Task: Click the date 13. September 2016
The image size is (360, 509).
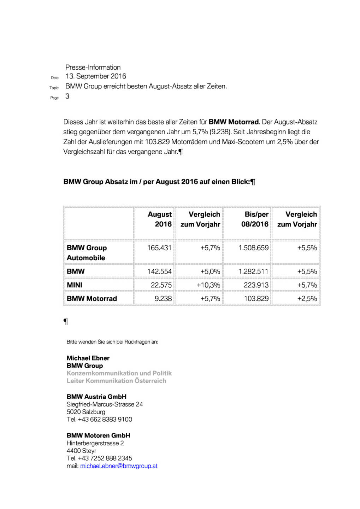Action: click(96, 76)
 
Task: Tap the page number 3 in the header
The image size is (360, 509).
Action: click(67, 96)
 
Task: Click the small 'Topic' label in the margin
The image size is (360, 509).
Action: click(54, 88)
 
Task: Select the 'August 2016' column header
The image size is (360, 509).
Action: click(160, 219)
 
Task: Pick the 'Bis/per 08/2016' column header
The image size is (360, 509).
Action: click(255, 219)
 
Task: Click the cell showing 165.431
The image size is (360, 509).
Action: click(159, 248)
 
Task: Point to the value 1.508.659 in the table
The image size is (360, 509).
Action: click(253, 248)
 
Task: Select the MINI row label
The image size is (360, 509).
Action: click(75, 285)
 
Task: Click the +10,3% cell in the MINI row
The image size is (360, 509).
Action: click(208, 285)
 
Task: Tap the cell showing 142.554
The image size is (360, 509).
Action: click(159, 272)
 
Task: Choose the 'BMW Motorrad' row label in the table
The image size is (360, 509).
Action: click(92, 299)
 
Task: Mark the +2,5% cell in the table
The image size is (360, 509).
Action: click(307, 299)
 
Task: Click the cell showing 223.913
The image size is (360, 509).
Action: click(256, 285)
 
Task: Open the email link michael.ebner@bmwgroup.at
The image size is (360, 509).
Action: click(119, 466)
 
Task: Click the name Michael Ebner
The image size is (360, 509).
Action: click(88, 358)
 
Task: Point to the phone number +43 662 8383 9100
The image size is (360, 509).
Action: click(105, 420)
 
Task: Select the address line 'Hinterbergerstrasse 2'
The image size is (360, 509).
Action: click(95, 443)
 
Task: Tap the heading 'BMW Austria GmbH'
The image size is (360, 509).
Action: click(96, 397)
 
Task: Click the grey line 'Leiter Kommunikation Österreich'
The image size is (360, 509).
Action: click(116, 381)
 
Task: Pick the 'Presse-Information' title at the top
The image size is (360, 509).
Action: click(93, 68)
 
